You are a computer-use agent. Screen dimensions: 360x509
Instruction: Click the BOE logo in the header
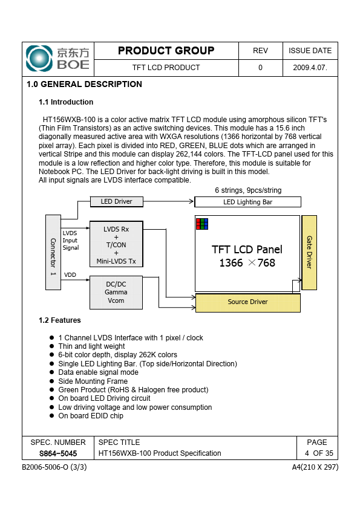point(57,59)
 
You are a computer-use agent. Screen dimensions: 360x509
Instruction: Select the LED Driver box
point(116,201)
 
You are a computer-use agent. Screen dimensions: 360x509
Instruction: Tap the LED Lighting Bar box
point(247,202)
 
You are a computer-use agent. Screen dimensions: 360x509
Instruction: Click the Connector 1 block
point(53,252)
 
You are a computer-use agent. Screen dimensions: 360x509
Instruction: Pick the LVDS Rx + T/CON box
point(116,244)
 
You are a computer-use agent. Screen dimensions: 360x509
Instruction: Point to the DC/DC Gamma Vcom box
point(116,293)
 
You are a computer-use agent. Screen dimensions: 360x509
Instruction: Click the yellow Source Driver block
point(247,302)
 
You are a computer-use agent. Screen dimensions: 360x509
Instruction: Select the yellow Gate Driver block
point(309,253)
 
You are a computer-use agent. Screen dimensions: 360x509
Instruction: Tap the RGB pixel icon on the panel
point(202,224)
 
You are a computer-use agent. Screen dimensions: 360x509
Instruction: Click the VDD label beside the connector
point(70,275)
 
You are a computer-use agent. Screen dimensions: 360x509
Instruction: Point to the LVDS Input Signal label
point(71,240)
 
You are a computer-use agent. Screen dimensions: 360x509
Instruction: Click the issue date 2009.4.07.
point(310,68)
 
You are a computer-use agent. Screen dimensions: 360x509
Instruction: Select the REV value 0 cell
point(260,68)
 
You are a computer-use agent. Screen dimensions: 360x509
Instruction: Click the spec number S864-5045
point(58,453)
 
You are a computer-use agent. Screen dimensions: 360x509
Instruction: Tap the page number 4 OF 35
point(319,453)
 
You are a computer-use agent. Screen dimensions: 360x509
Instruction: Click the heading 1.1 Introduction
point(66,102)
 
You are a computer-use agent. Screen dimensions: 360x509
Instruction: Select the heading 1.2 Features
point(60,320)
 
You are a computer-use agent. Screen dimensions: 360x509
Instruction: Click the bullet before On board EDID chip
point(51,416)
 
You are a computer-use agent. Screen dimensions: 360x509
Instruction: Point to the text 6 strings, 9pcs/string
point(248,190)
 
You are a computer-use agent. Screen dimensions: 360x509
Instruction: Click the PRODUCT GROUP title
point(166,51)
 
